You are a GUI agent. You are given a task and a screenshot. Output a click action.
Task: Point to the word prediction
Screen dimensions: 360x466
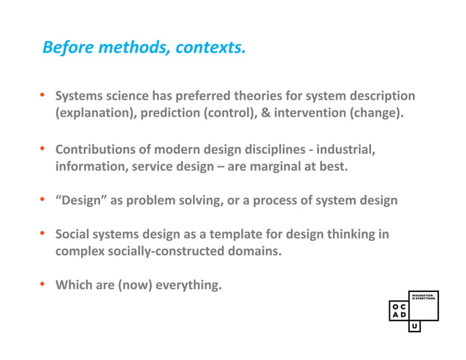click(x=172, y=113)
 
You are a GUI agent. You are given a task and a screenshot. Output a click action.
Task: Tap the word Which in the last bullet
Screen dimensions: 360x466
click(x=74, y=285)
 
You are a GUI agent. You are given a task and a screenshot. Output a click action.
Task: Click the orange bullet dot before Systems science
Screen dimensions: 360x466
click(x=43, y=95)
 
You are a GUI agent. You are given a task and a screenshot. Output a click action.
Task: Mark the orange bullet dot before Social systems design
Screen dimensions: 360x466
click(x=43, y=234)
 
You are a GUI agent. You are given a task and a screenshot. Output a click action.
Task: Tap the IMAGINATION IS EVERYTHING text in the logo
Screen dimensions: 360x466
click(x=424, y=296)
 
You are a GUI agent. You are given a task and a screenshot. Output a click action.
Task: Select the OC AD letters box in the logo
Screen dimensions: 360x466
click(x=399, y=310)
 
